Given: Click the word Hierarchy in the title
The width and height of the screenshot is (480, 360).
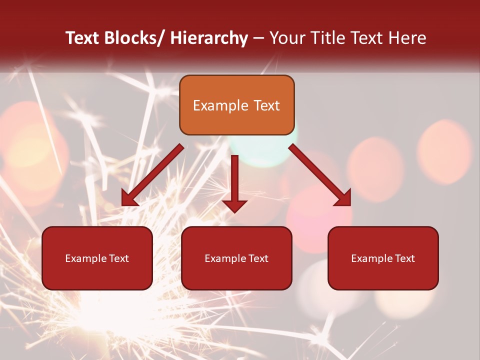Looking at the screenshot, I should click(208, 38).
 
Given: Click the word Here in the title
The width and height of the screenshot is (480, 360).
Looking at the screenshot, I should click(407, 38).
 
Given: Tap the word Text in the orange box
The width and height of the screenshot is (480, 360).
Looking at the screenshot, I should click(266, 106).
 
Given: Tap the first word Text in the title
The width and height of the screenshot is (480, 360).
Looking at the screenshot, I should click(84, 38).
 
